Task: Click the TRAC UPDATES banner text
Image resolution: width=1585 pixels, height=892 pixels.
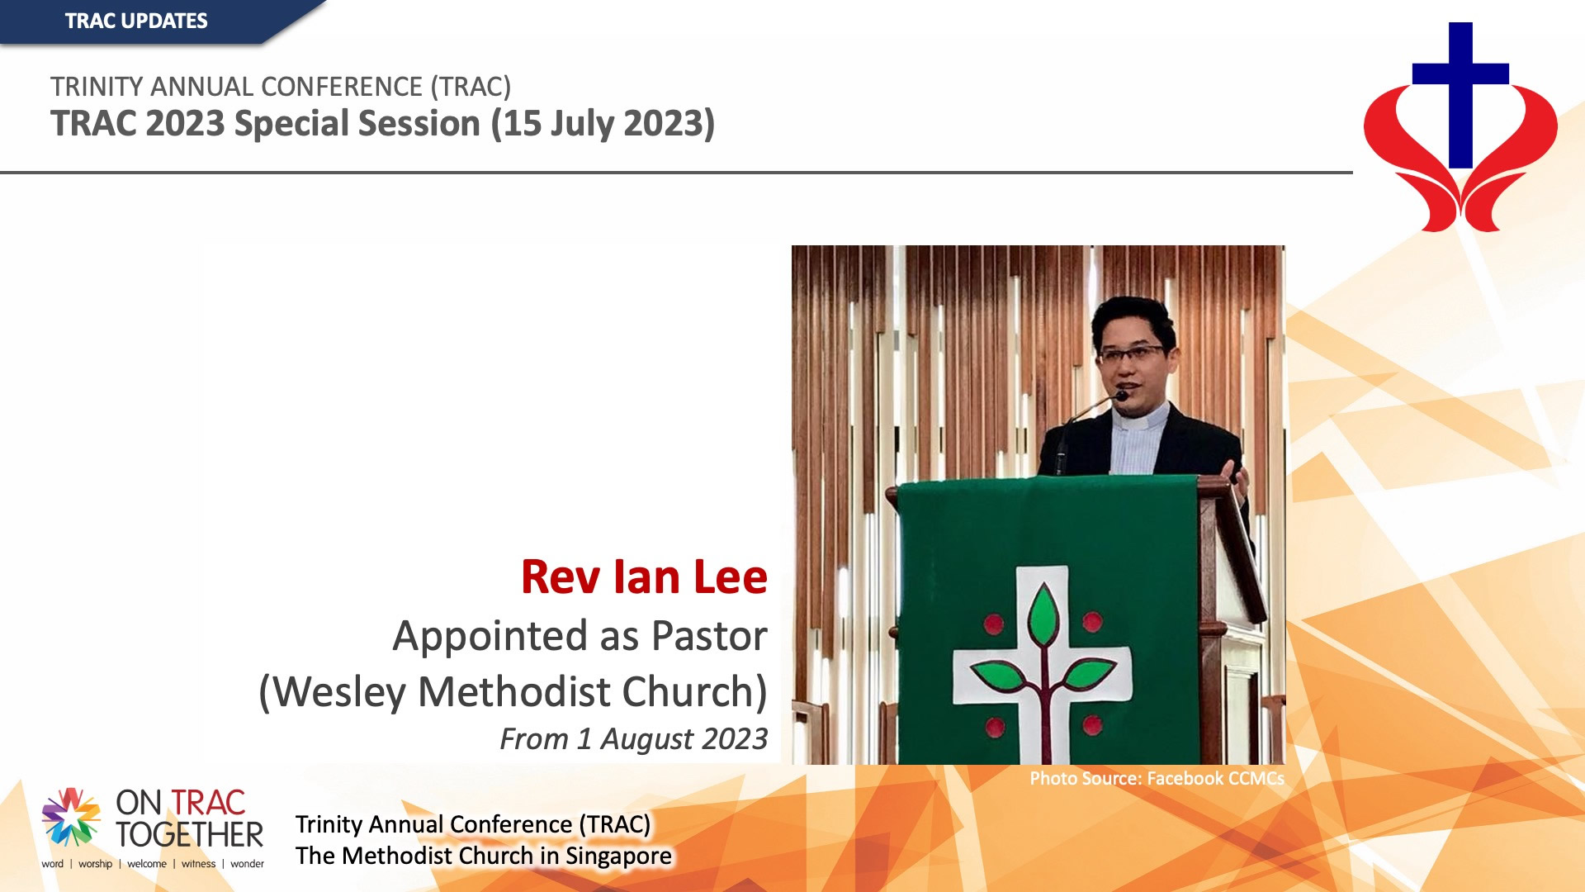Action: point(136,21)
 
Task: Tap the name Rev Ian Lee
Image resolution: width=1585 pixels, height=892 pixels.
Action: point(644,576)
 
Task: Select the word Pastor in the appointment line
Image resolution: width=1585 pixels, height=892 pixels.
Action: point(709,636)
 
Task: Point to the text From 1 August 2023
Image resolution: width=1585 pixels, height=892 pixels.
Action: point(633,738)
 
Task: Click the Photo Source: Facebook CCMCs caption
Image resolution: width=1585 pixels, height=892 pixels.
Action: point(1157,778)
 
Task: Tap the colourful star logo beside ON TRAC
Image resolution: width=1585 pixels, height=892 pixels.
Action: point(71,817)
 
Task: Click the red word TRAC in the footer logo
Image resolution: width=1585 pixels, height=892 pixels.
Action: point(208,803)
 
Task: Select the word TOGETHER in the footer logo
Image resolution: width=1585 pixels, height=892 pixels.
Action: point(189,835)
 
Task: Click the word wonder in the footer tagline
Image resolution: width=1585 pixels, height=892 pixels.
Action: point(247,864)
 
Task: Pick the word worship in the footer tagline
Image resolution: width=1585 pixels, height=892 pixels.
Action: point(95,864)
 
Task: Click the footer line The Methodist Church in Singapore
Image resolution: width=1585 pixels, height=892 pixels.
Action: point(484,856)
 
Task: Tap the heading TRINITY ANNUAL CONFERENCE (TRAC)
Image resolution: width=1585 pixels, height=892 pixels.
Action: point(281,87)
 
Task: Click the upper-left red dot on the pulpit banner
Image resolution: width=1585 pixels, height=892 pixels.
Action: point(994,624)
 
